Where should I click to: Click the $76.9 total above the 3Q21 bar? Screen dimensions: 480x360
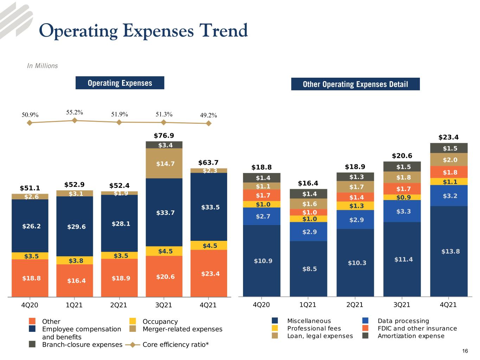pos(164,135)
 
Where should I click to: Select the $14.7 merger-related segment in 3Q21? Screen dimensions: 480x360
pos(164,163)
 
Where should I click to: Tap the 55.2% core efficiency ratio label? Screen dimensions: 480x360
pos(75,112)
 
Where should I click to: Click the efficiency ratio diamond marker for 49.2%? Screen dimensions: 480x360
pos(209,123)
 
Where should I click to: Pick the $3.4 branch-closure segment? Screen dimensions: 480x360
pos(164,145)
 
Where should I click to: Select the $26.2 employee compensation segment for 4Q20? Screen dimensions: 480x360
pos(30,226)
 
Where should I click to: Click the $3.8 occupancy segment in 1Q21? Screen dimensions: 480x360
pos(75,260)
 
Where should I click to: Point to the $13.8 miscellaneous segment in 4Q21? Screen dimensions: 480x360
pos(449,251)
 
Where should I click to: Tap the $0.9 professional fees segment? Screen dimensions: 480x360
pos(402,197)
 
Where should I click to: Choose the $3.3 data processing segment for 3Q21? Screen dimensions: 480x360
pos(402,211)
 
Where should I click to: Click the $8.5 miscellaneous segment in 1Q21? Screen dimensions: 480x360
pos(308,269)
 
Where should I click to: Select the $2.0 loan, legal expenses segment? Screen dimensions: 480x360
pos(449,160)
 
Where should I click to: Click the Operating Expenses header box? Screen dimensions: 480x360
pos(120,83)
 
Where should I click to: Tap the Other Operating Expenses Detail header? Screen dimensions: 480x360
pos(356,84)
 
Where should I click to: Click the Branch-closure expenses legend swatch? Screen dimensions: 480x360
pos(32,344)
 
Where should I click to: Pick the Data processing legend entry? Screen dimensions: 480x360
pos(396,321)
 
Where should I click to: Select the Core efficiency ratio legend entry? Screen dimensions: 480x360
pos(167,345)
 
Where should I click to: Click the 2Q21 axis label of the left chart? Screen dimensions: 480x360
pos(119,305)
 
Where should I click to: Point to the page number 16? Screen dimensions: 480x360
pos(465,351)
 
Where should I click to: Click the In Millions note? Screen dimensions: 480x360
pos(43,66)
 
